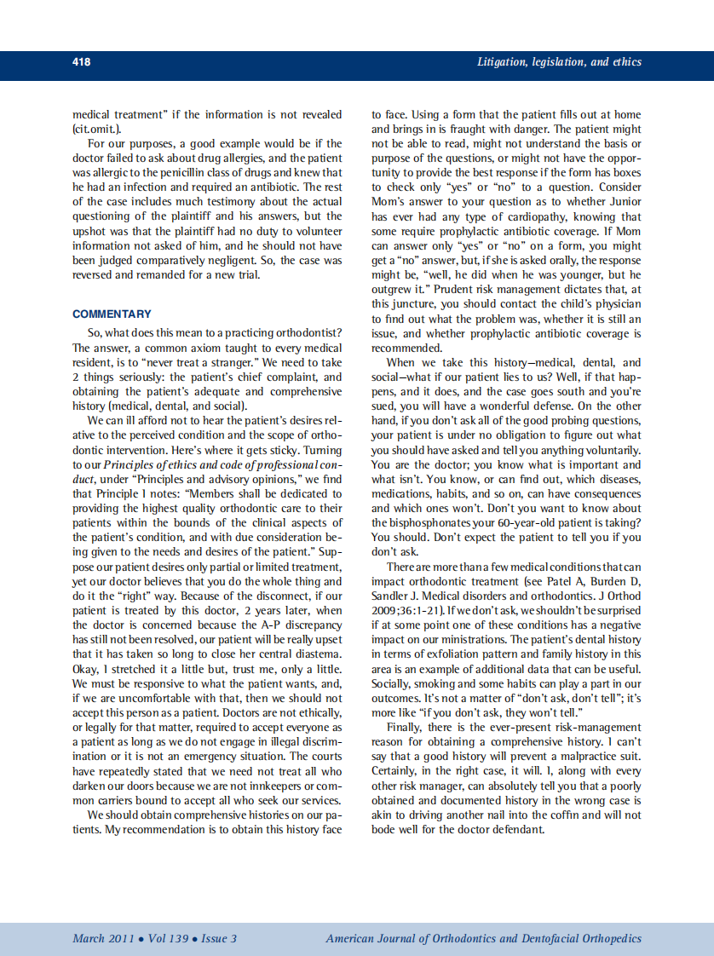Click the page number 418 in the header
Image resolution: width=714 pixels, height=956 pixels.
point(82,62)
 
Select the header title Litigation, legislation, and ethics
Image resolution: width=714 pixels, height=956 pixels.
point(559,62)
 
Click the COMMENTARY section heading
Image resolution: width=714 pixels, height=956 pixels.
point(112,314)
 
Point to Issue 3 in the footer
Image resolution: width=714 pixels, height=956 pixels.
point(219,939)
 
